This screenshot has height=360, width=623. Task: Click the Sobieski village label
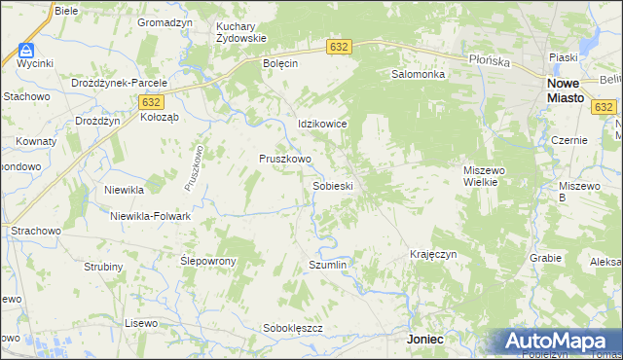pos(332,185)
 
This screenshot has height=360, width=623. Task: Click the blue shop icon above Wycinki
pos(26,50)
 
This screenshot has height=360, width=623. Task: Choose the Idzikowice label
pos(322,125)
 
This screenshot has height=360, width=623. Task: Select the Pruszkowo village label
pos(284,159)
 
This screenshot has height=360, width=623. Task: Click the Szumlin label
pos(327,265)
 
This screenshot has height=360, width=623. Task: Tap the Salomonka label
pos(418,74)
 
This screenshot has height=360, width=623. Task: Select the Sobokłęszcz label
pos(292,328)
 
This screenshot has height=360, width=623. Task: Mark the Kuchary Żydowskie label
pos(241,31)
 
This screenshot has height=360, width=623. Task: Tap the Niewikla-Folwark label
pos(150,216)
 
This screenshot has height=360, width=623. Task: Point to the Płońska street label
pos(490,60)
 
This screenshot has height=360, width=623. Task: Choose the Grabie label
pos(546,258)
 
